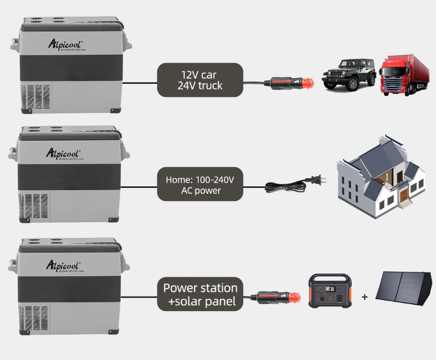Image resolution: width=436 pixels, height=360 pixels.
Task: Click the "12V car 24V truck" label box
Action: click(200, 80)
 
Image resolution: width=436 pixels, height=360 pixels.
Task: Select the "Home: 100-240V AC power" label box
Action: click(199, 184)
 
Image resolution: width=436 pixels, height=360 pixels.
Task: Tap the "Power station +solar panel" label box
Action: click(200, 294)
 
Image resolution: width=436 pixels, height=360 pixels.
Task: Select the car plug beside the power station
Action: click(282, 298)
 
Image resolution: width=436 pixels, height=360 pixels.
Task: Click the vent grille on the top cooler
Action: click(31, 97)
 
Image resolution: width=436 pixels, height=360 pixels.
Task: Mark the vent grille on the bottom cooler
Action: click(29, 317)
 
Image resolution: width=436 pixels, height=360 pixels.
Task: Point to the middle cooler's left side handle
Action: click(12, 154)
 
